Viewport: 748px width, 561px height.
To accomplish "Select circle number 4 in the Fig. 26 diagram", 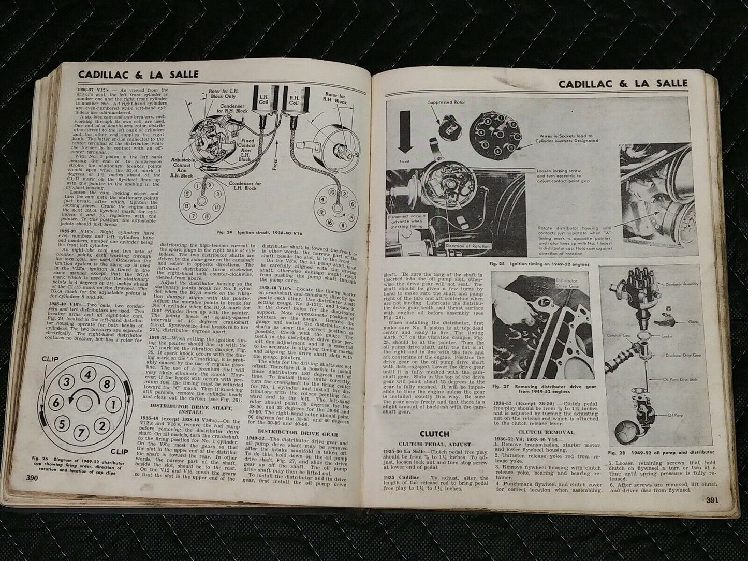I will point(89,374).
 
